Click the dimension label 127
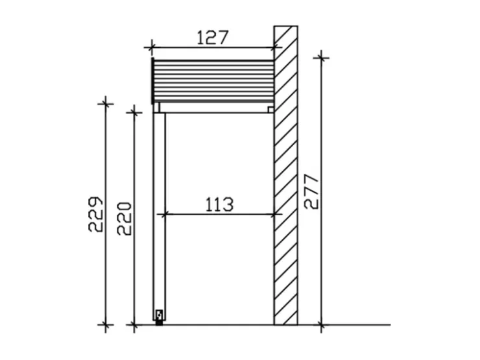tap(213, 38)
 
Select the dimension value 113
tap(219, 204)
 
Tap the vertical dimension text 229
tap(95, 214)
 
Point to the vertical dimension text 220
tap(124, 218)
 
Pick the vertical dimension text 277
tap(311, 191)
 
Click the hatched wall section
tap(285, 175)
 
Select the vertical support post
tap(159, 217)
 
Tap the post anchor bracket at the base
tap(159, 317)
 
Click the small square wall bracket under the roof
tap(270, 109)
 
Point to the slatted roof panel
tap(213, 80)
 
